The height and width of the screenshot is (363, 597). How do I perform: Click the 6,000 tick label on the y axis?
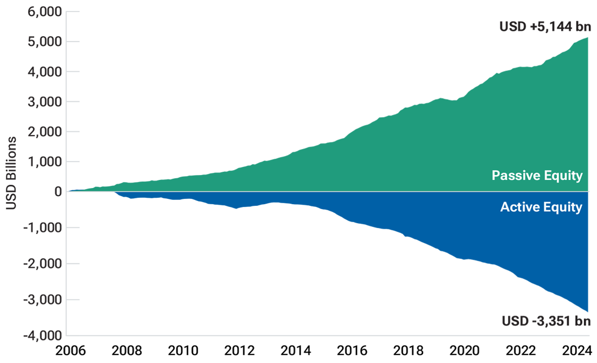[43, 12]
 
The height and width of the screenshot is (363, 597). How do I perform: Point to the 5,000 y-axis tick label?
[43, 42]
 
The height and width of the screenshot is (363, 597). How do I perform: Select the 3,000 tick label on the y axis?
[43, 102]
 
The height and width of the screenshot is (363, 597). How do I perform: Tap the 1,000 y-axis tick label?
[43, 162]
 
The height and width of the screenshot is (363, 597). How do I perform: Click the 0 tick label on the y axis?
[57, 192]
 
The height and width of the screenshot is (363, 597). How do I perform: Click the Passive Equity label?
[536, 176]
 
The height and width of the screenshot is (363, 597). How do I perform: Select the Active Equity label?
[541, 208]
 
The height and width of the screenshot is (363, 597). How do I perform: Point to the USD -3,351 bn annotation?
[546, 322]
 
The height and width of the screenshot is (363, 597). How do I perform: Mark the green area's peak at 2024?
[588, 38]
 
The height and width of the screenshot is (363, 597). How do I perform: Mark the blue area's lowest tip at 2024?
[588, 312]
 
